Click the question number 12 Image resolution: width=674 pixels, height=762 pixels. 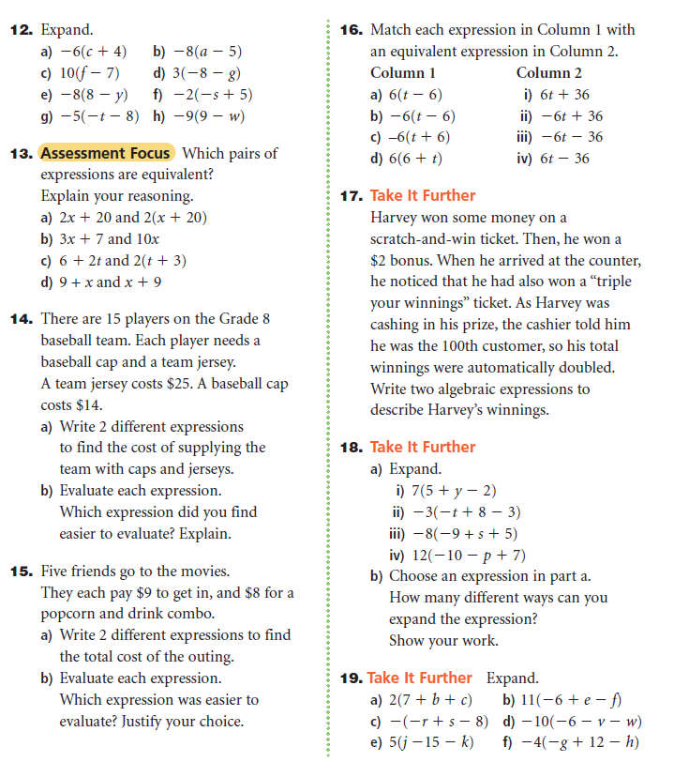pyautogui.click(x=22, y=30)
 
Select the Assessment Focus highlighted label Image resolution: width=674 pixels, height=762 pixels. pyautogui.click(x=106, y=153)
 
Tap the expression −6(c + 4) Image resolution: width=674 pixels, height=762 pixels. pyautogui.click(x=93, y=52)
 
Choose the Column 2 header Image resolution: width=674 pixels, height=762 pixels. pyautogui.click(x=548, y=73)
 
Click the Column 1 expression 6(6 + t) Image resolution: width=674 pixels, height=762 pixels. pyautogui.click(x=415, y=159)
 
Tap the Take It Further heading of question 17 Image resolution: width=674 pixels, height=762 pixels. pyautogui.click(x=423, y=195)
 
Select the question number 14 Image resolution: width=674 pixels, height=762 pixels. pyautogui.click(x=22, y=319)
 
